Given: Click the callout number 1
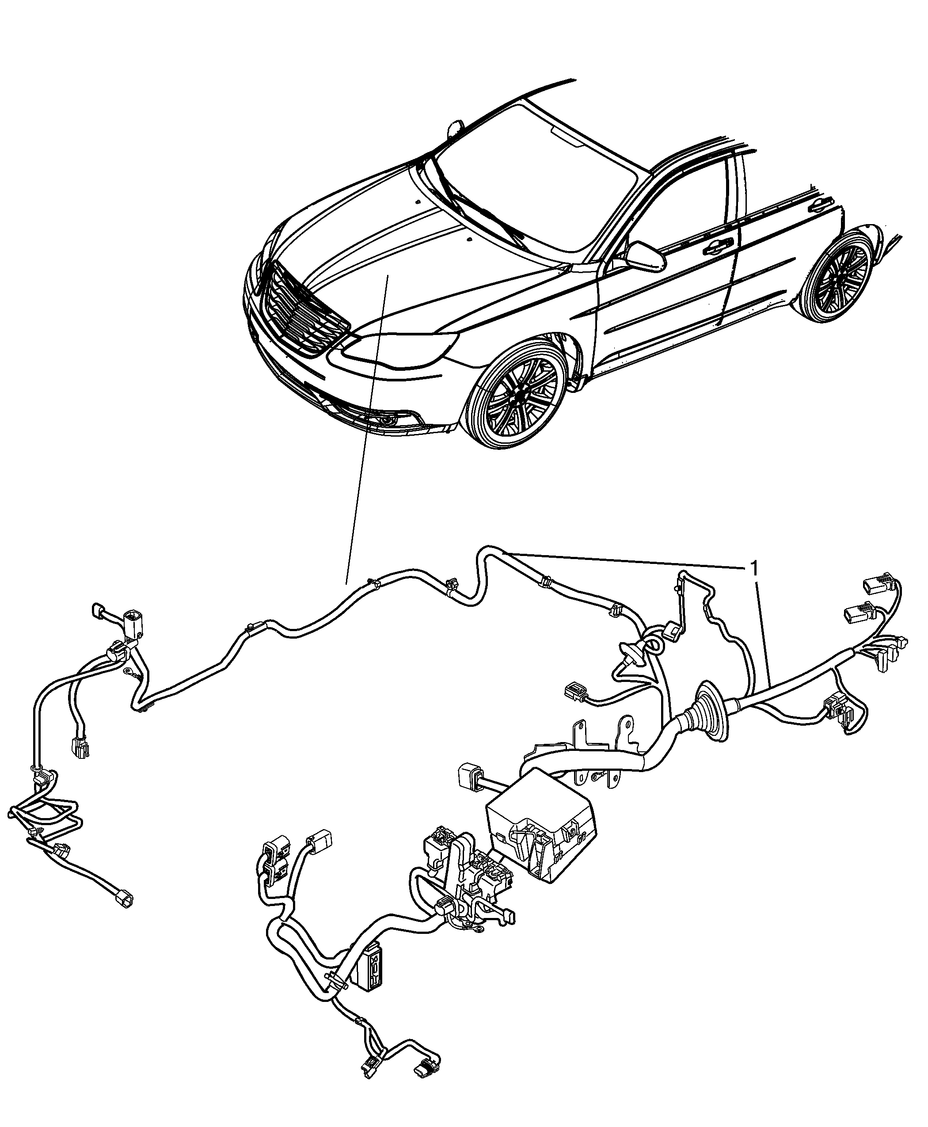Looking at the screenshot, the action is [754, 568].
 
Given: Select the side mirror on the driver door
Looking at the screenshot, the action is [646, 255].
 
